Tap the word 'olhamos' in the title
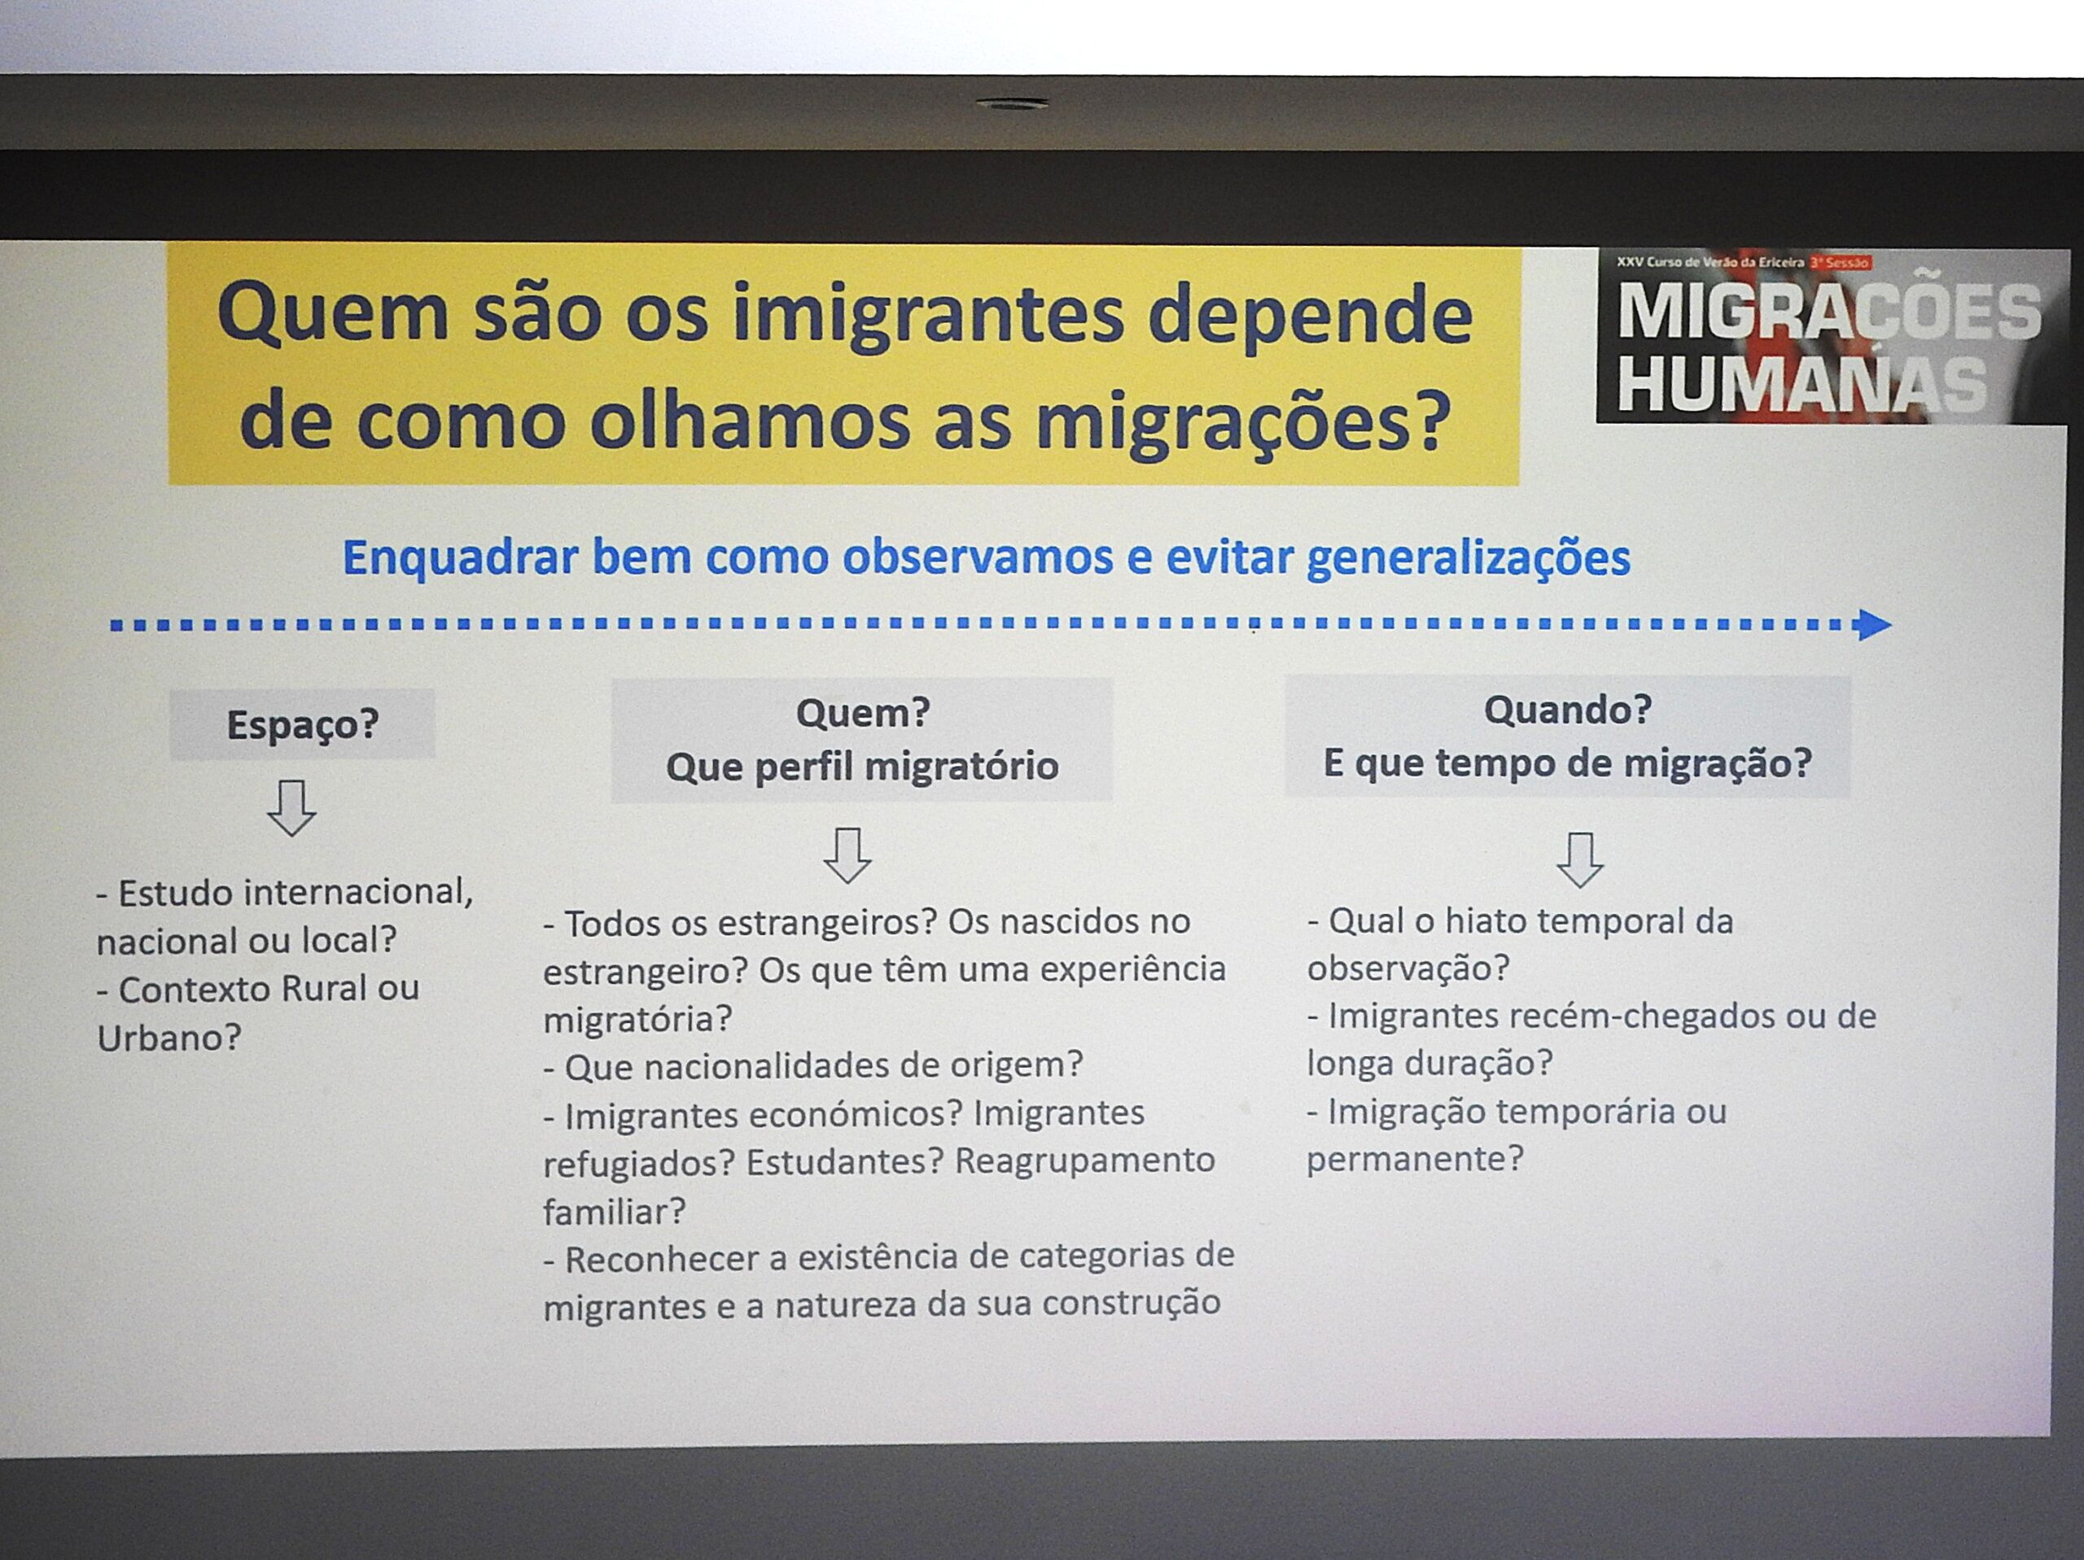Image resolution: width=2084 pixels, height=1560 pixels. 750,421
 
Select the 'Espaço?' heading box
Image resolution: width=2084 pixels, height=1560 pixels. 303,723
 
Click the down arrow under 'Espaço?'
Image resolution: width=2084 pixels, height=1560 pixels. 291,807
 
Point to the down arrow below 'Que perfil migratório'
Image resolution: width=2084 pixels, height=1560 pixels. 847,854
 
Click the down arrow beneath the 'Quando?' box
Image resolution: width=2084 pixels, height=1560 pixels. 1580,859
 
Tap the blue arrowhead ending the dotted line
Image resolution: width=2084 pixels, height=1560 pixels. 1873,623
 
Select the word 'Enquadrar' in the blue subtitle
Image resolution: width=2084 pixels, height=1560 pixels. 460,557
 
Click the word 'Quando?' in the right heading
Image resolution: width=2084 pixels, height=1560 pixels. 1568,709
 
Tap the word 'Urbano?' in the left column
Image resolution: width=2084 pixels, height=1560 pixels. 169,1038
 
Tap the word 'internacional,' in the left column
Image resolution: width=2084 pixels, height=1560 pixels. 358,891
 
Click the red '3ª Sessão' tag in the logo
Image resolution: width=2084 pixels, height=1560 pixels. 1840,262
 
